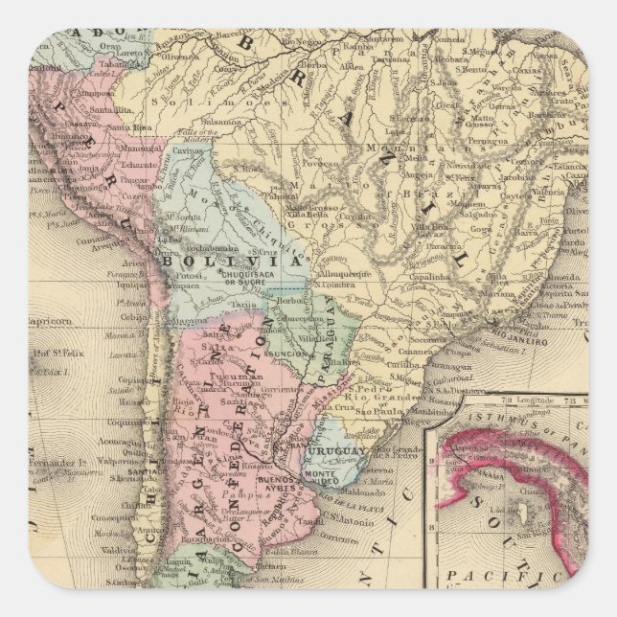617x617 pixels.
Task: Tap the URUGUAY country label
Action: pyautogui.click(x=338, y=450)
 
